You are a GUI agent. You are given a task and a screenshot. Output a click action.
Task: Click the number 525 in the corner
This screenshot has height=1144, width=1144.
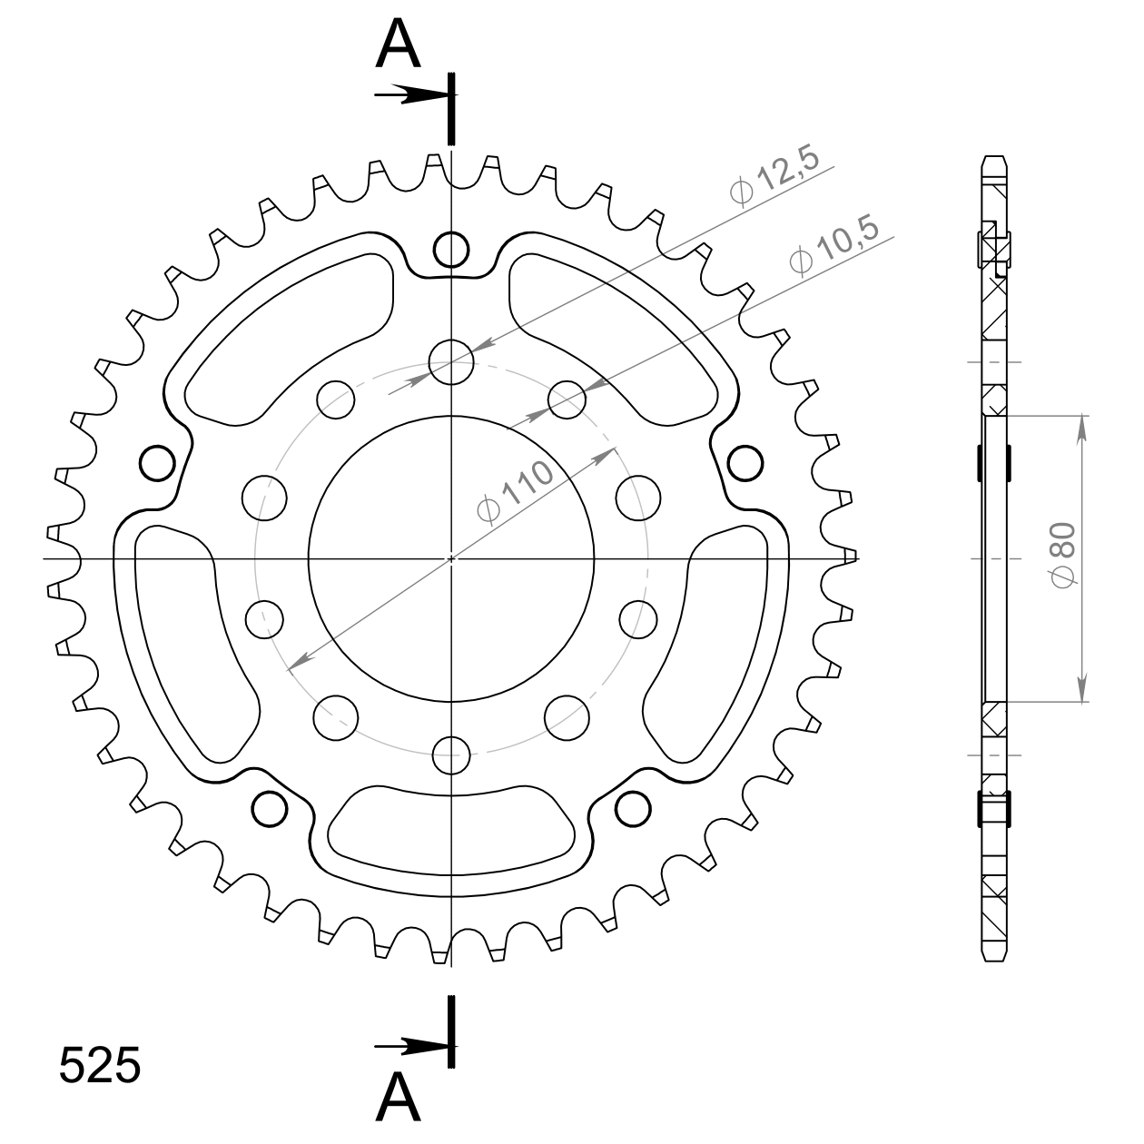(100, 1065)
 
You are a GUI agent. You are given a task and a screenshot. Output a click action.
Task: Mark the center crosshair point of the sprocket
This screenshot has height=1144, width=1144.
(451, 557)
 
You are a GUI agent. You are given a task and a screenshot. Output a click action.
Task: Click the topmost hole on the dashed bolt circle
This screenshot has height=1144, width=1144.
(451, 362)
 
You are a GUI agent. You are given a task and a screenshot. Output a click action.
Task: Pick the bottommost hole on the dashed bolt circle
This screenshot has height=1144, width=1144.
(451, 753)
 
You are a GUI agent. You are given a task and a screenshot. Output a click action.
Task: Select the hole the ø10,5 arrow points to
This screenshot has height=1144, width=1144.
(567, 399)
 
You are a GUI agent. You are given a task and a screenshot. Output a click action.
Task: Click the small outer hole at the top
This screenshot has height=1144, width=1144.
(451, 248)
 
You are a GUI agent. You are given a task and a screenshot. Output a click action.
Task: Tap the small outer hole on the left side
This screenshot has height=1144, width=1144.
(157, 462)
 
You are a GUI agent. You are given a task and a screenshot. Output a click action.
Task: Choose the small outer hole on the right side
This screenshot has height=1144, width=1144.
(745, 462)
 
